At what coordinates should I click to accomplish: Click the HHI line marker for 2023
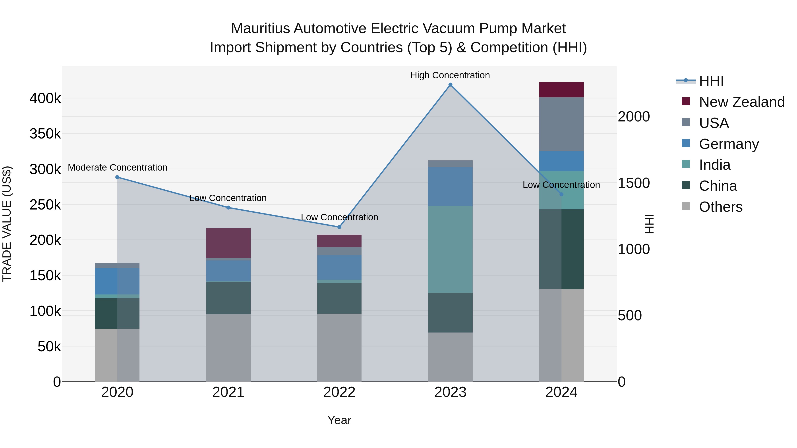[x=450, y=85]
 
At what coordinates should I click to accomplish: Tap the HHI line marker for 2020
[x=117, y=177]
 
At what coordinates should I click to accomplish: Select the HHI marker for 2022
[x=339, y=227]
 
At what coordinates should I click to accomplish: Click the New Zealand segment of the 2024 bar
[x=561, y=90]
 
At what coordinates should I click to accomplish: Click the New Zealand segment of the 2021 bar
[x=228, y=243]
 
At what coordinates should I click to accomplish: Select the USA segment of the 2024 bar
[x=561, y=124]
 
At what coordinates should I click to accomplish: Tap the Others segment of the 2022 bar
[x=339, y=348]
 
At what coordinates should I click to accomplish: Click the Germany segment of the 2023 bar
[x=450, y=187]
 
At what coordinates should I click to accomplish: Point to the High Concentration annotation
[x=450, y=75]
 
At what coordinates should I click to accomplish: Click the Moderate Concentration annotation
[x=118, y=167]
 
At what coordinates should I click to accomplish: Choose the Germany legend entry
[x=728, y=144]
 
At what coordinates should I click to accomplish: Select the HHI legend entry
[x=711, y=81]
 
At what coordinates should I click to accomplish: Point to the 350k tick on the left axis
[x=45, y=134]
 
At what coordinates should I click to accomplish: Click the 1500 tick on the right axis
[x=634, y=183]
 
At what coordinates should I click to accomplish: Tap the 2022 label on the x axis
[x=339, y=392]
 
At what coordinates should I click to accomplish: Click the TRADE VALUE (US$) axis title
[x=7, y=224]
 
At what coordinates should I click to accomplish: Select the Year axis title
[x=339, y=420]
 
